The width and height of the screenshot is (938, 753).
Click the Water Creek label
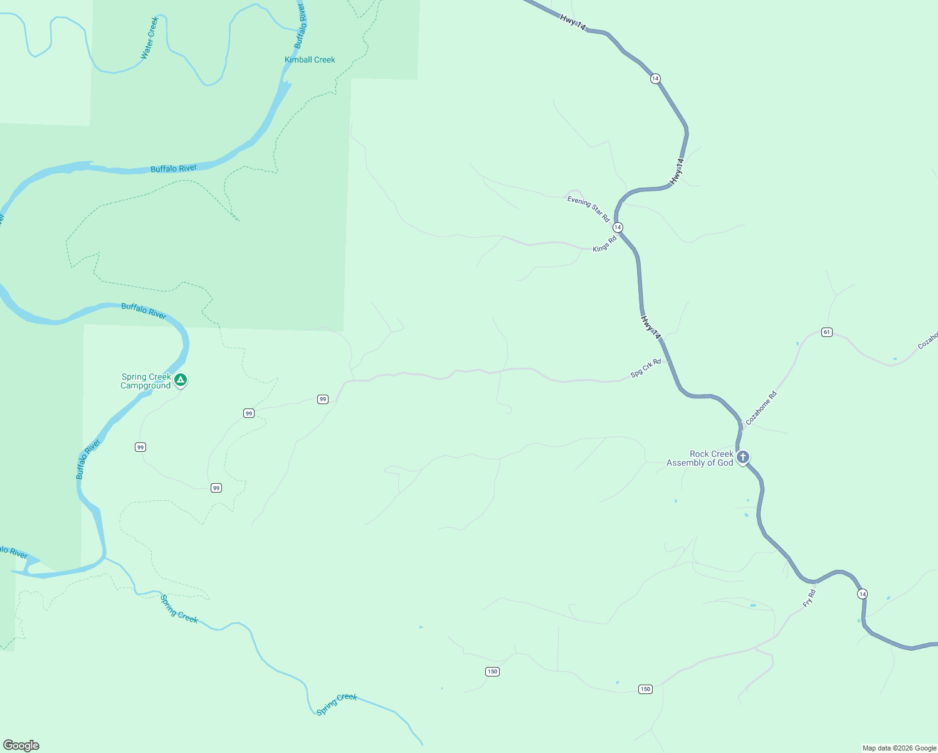[x=150, y=38]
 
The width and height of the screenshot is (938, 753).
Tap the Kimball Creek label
[x=310, y=60]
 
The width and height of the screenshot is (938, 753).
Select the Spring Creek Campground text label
[x=146, y=381]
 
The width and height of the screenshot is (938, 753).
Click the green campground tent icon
[x=181, y=380]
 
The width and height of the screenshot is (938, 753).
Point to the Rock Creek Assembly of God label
[x=700, y=458]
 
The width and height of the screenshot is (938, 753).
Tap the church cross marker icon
[x=743, y=457]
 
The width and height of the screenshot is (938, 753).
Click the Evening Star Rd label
[x=588, y=209]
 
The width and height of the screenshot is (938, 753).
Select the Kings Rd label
[x=604, y=244]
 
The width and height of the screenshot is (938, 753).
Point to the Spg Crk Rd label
[x=646, y=368]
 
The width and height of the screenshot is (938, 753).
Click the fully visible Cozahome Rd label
[x=761, y=408]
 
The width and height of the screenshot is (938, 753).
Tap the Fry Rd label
[x=809, y=598]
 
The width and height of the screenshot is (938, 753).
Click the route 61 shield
[x=827, y=332]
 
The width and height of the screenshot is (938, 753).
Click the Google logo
[x=21, y=745]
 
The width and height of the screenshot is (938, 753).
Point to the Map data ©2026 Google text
[x=899, y=748]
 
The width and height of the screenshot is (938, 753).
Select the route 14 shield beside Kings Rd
[x=618, y=227]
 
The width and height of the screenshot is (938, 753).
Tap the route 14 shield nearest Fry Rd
[x=863, y=594]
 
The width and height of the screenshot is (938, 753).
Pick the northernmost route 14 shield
[x=655, y=78]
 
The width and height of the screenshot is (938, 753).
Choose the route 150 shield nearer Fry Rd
[x=645, y=689]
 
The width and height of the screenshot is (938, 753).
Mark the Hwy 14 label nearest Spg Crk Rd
[x=651, y=328]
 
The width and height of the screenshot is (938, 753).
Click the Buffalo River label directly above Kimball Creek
[x=300, y=26]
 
